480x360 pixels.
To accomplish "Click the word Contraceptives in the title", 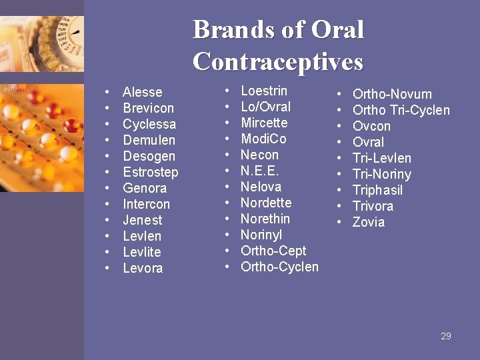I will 278,61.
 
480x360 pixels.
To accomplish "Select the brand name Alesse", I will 143,92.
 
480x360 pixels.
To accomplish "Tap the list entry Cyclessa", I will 149,124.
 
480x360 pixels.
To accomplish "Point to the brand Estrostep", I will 151,172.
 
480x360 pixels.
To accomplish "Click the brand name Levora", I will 143,268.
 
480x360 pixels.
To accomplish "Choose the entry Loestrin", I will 264,91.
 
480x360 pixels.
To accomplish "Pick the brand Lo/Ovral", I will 265,107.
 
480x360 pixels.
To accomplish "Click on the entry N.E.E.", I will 259,171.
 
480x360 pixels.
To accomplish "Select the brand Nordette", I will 266,203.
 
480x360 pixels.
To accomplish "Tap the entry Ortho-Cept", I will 273,251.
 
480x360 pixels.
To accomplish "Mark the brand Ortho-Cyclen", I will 279,267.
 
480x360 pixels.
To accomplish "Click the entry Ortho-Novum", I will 392,94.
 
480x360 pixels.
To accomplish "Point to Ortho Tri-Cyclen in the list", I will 401,110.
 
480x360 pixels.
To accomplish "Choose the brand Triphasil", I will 377,190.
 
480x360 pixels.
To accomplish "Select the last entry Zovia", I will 369,222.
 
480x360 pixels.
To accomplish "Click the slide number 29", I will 446,336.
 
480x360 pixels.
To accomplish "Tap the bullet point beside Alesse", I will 107,92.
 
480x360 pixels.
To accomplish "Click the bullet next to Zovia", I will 339,222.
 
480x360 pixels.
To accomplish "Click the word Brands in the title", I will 233,30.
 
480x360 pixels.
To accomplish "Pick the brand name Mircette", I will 264,123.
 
